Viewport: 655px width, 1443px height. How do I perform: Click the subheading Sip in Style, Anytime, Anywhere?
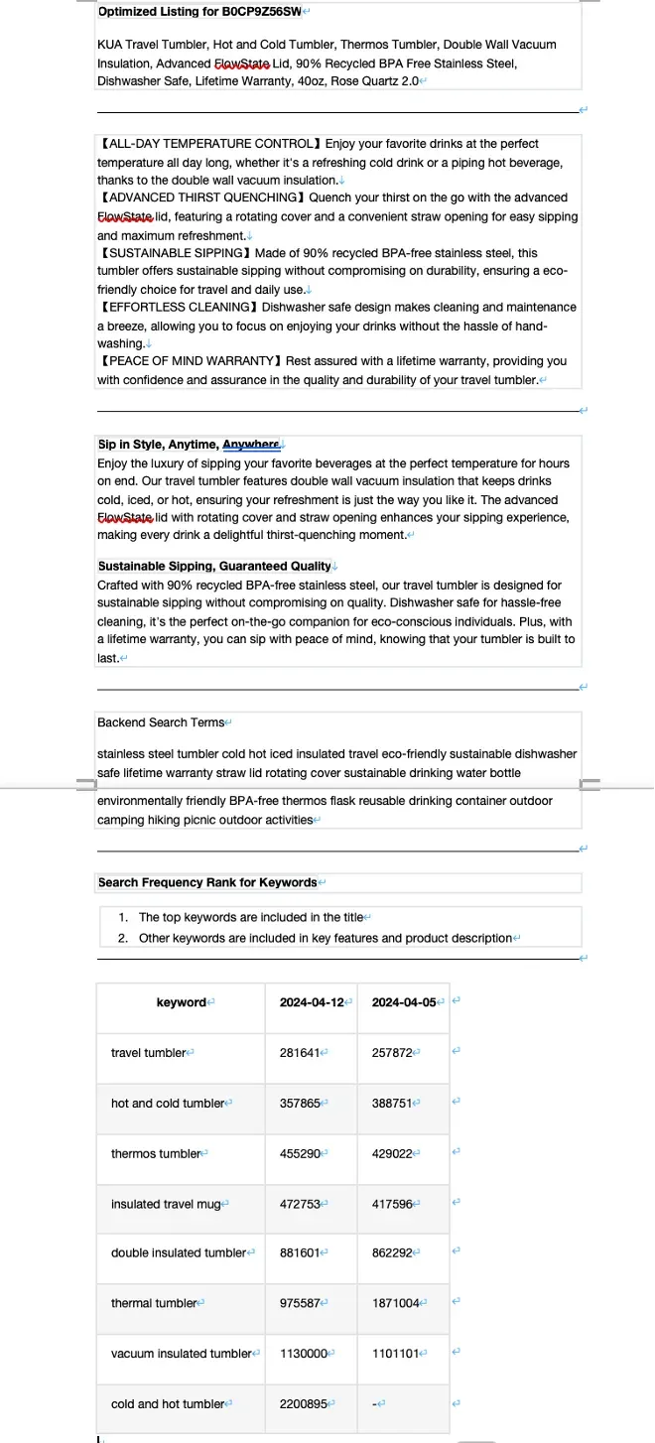click(x=189, y=445)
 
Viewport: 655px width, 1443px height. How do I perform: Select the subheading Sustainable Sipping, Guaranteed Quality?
click(x=214, y=566)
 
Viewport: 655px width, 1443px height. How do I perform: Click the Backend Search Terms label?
click(x=160, y=722)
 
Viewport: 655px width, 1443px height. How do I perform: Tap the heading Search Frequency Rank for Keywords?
click(x=207, y=882)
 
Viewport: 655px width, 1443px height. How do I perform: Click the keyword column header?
click(x=181, y=1002)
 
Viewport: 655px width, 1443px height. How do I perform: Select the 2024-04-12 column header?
click(x=311, y=1002)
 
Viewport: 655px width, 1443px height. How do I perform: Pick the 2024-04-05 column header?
click(x=403, y=1002)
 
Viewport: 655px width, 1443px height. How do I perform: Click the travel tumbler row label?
click(x=148, y=1053)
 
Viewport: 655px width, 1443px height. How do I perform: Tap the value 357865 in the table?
click(x=300, y=1104)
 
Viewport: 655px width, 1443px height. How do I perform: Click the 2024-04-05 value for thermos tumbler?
click(x=392, y=1153)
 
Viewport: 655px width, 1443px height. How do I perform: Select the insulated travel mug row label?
click(x=166, y=1204)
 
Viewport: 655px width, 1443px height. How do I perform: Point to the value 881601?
click(x=300, y=1253)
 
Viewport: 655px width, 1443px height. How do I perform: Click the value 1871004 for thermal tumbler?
click(x=395, y=1303)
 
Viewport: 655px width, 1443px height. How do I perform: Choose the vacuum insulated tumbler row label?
click(x=182, y=1354)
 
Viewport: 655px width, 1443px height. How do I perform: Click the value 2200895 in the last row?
click(x=303, y=1404)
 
